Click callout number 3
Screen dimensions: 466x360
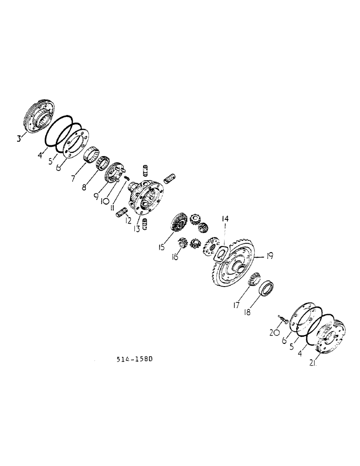coord(19,138)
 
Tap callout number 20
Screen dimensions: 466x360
coord(274,332)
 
